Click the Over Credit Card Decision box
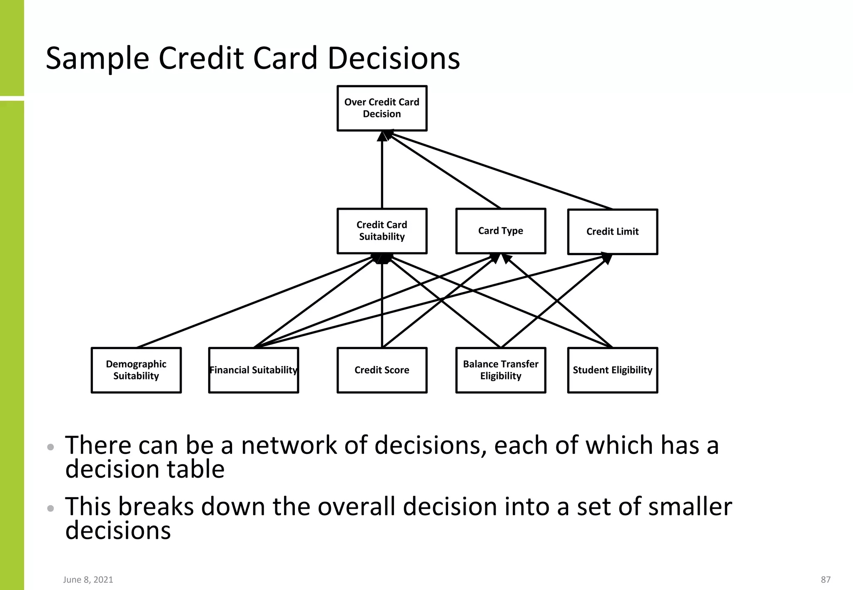382,108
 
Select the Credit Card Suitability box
382,231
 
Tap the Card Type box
501,231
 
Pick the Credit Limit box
613,232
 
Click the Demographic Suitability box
136,370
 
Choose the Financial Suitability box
254,370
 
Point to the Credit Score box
382,370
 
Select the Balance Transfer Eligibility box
501,370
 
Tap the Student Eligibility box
613,370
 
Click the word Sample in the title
97,58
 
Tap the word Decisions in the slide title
394,58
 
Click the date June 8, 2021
88,580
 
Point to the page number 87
826,580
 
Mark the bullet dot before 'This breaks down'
51,508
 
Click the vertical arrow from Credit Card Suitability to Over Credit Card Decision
382,175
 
